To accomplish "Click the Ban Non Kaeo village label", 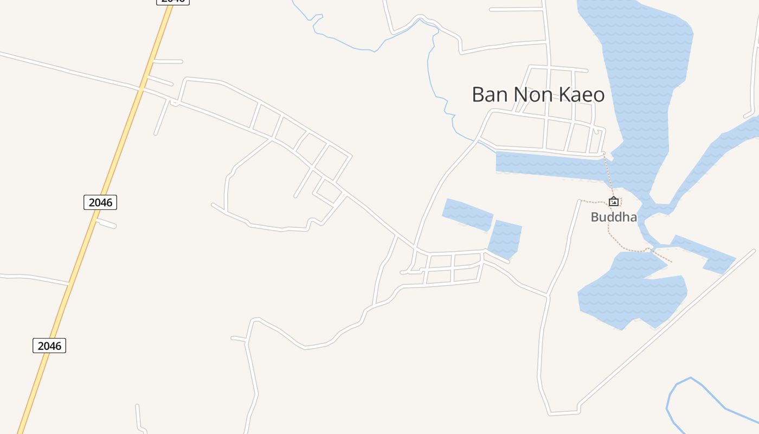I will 538,94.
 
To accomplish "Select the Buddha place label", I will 613,217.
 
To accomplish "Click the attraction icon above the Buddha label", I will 613,202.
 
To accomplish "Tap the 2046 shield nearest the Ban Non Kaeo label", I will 100,202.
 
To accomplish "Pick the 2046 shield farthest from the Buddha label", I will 49,346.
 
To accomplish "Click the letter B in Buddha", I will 594,217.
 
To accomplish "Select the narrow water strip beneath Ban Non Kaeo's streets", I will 548,165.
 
